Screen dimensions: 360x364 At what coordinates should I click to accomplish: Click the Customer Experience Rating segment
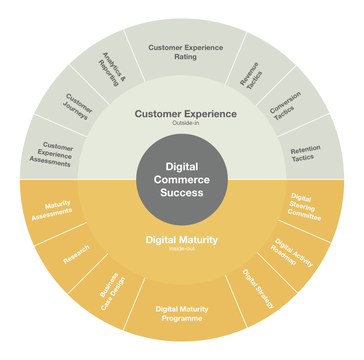tap(185, 52)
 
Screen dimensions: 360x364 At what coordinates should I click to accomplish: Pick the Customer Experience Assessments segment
tap(51, 155)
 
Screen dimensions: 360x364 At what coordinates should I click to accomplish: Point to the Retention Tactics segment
tap(304, 153)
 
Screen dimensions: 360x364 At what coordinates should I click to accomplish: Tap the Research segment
tap(76, 255)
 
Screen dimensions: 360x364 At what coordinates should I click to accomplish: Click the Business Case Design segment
tap(112, 292)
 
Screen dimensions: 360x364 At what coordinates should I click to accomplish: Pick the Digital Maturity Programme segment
tap(182, 313)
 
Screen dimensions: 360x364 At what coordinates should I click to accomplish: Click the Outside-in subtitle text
tap(185, 123)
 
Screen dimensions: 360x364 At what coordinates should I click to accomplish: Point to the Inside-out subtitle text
tap(182, 249)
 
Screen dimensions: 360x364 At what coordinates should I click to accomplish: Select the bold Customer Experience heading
tap(186, 114)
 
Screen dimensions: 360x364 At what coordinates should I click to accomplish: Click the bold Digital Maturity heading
tap(182, 240)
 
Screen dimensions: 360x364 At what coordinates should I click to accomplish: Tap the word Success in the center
tap(182, 192)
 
